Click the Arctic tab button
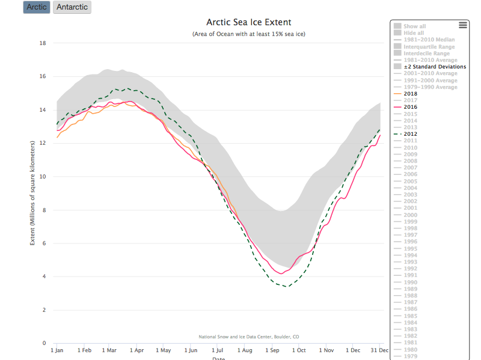[x=37, y=7]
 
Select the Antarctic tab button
[x=72, y=7]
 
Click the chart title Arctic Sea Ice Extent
[x=249, y=22]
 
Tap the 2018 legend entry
[x=411, y=94]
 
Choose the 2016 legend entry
[x=411, y=107]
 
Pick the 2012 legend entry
[x=411, y=134]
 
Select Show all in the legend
[x=414, y=26]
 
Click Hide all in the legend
[x=413, y=33]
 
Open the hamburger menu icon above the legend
[x=462, y=25]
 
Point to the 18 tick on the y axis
[x=43, y=43]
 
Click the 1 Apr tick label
[x=136, y=350]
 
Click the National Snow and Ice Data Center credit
[x=249, y=337]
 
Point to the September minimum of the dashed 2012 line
[x=287, y=286]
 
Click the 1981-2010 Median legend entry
[x=429, y=40]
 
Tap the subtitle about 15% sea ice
[x=249, y=34]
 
